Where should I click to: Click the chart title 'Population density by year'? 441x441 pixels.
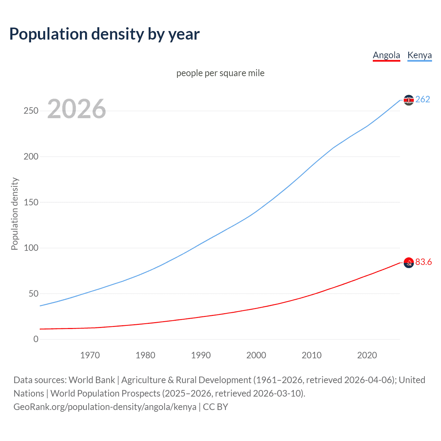tap(104, 34)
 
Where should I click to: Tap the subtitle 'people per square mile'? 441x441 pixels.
tap(220, 73)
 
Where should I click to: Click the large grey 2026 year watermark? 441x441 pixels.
tap(76, 109)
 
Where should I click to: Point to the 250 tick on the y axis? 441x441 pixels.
tap(31, 111)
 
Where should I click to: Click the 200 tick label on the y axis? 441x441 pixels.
tap(31, 156)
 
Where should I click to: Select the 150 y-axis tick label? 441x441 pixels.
tap(31, 202)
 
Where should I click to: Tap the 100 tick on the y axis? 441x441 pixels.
tap(31, 248)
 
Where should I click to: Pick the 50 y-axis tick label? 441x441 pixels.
tap(33, 294)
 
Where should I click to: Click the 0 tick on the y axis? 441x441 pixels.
tap(36, 339)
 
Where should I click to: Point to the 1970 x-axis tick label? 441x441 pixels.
tap(90, 355)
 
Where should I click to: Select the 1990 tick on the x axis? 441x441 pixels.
tap(201, 355)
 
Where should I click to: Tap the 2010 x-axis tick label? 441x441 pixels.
tap(311, 355)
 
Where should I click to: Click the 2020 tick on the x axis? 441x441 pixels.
tap(367, 355)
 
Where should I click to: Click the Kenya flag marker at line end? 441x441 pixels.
tap(409, 100)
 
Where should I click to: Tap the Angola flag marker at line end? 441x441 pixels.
tap(409, 263)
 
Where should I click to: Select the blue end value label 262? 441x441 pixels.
tap(423, 99)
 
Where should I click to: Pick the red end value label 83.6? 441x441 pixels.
tap(423, 262)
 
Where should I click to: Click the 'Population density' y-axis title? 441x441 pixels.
tap(14, 214)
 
